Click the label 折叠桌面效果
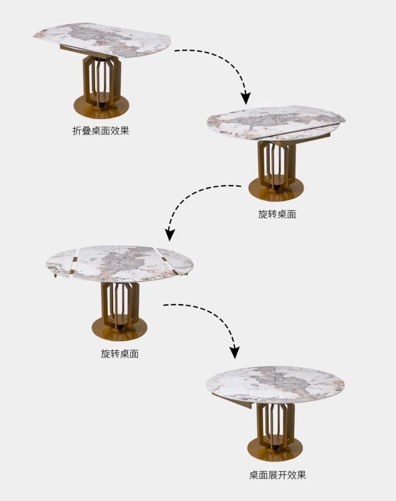[x=100, y=131]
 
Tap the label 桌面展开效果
[x=277, y=475]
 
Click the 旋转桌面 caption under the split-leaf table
[x=120, y=354]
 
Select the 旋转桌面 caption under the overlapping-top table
[x=277, y=214]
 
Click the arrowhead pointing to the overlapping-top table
[x=245, y=98]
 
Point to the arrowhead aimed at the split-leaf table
[x=170, y=234]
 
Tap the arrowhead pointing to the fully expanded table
[x=235, y=352]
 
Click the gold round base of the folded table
[x=102, y=107]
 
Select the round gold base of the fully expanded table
[x=275, y=449]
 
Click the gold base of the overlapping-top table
[x=276, y=190]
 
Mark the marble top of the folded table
[x=102, y=40]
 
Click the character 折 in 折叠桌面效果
[x=77, y=131]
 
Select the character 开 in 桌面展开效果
[x=282, y=475]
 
